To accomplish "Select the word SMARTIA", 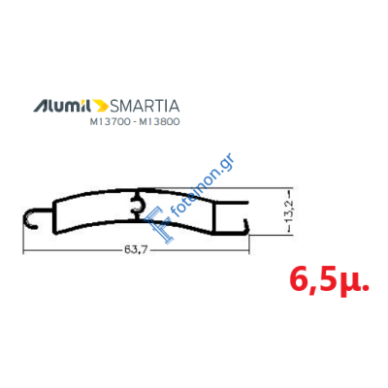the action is [x=145, y=106].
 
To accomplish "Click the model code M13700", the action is [x=110, y=122].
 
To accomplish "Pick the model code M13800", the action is [x=159, y=122].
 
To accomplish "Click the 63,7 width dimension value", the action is [x=134, y=249].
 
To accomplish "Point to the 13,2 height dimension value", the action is [x=289, y=210].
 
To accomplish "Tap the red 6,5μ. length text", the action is [x=329, y=279].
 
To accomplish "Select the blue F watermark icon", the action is [x=158, y=223].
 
